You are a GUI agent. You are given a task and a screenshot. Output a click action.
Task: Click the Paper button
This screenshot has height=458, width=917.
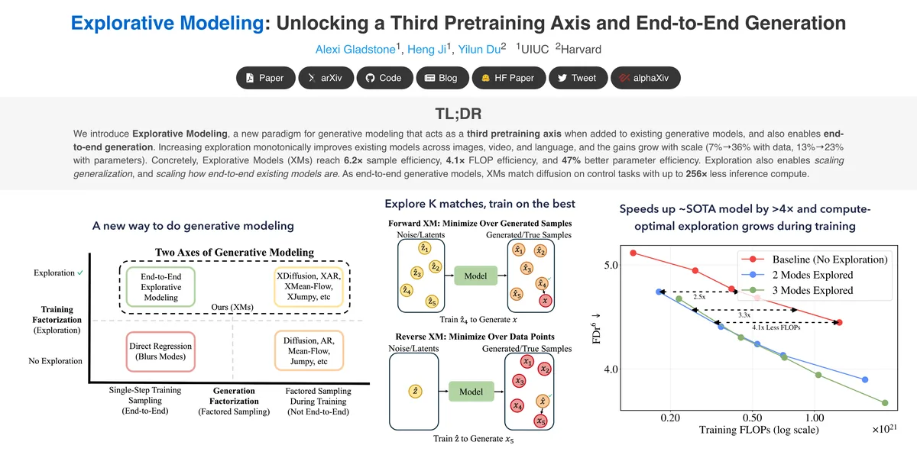(266, 78)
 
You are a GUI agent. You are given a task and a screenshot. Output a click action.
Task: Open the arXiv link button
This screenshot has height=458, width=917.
(326, 78)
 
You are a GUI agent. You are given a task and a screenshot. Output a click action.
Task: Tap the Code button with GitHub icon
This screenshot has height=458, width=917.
(385, 78)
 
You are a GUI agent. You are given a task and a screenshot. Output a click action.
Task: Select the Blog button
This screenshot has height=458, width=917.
(442, 78)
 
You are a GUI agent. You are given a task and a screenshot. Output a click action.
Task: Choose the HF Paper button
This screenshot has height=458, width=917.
(509, 78)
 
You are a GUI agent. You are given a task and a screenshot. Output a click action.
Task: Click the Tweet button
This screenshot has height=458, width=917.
(578, 78)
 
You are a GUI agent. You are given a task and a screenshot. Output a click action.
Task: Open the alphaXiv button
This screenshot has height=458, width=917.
(646, 78)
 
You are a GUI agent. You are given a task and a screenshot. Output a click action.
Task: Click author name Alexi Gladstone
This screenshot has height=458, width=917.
(355, 50)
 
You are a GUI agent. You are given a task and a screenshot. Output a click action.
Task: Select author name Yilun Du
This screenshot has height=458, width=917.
(479, 50)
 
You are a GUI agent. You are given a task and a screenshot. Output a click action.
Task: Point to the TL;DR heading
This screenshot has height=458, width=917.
(458, 114)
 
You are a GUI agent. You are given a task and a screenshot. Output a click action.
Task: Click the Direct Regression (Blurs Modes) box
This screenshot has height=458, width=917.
(160, 352)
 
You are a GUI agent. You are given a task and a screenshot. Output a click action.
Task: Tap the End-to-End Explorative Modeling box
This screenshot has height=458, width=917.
(160, 287)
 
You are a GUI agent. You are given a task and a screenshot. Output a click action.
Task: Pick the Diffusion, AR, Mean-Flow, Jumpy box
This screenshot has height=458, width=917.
(309, 350)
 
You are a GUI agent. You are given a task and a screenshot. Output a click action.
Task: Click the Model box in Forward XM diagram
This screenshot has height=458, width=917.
(475, 276)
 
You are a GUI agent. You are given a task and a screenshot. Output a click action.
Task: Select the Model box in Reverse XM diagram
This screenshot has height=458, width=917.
(471, 392)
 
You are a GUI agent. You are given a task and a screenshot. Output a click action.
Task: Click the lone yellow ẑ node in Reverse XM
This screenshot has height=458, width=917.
(415, 392)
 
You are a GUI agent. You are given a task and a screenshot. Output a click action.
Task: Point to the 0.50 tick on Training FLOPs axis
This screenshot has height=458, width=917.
(752, 418)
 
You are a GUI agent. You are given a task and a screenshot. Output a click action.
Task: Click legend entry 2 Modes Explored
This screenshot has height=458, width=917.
(812, 275)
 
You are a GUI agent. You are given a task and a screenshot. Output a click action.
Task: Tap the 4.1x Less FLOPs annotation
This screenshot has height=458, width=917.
(776, 327)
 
